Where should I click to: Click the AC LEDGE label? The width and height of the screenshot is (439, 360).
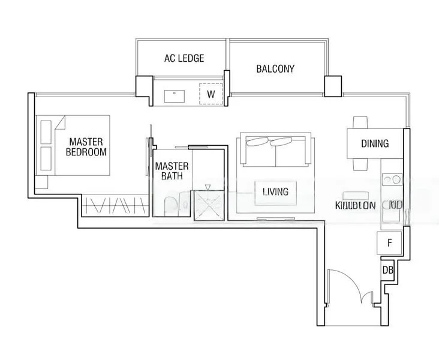184,58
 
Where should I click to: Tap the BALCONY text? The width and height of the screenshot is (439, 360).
275,68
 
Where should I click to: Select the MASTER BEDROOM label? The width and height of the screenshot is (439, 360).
86,147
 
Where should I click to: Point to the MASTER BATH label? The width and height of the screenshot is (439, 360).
172,171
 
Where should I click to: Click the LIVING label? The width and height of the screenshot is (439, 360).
275,192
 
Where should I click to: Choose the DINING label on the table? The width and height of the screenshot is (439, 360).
374,144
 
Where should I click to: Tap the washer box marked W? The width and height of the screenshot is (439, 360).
211,94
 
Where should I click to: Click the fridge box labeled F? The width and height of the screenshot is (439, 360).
389,244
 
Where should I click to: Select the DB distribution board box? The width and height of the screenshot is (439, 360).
387,270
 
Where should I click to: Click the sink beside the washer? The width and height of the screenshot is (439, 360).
177,94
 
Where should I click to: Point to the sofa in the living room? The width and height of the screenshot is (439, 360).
275,151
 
